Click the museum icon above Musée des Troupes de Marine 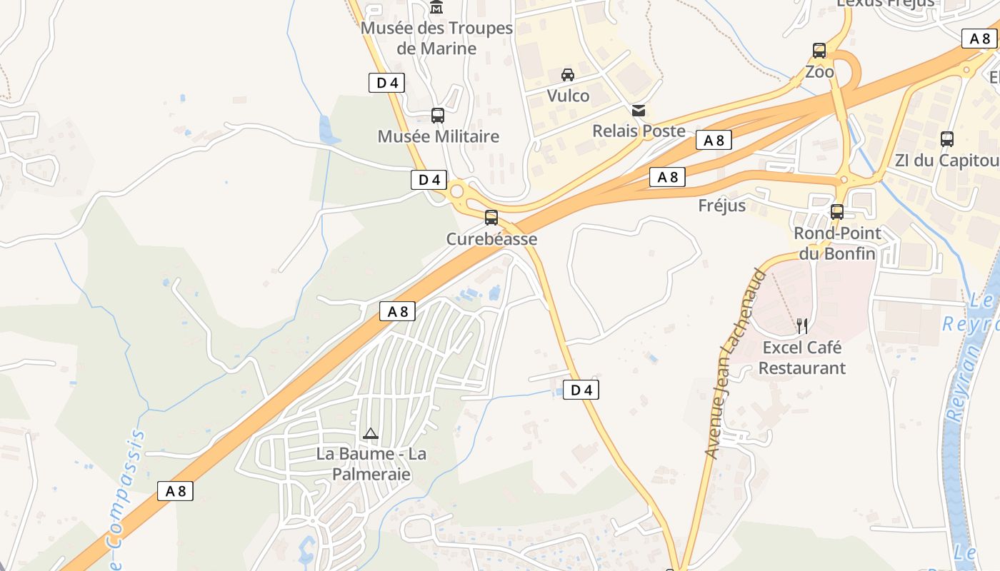click(x=436, y=8)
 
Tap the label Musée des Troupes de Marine click(x=437, y=39)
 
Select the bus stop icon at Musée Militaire click(x=438, y=115)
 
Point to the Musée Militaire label click(x=439, y=136)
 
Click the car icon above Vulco click(x=568, y=74)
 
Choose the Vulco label click(x=569, y=96)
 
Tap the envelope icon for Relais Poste click(x=639, y=110)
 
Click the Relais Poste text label click(x=639, y=131)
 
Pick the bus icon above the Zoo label click(x=819, y=51)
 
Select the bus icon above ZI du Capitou click(x=947, y=139)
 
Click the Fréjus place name click(x=722, y=206)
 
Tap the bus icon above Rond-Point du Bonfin click(x=837, y=212)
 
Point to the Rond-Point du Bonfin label click(x=838, y=243)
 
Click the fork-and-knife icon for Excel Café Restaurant click(x=802, y=326)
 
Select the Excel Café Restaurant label click(x=802, y=358)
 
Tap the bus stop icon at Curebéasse click(x=491, y=218)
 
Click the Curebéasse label click(x=491, y=239)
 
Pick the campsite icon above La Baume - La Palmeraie click(x=370, y=433)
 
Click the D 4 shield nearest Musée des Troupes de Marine click(x=387, y=83)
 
